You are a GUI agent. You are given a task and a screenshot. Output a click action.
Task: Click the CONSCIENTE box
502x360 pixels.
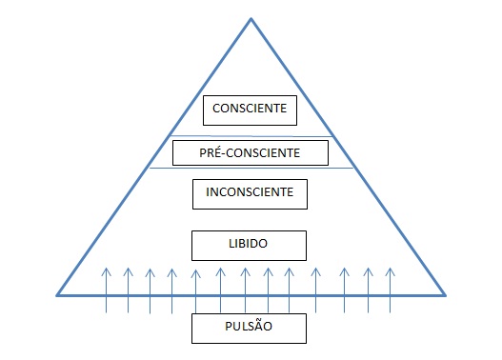(x=251, y=110)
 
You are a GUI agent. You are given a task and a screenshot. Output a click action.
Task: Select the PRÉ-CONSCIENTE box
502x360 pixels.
(x=251, y=152)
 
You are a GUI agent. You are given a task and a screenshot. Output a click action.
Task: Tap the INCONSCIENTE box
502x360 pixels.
(x=251, y=193)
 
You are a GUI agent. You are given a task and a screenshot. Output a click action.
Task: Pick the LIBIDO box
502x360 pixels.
(x=251, y=245)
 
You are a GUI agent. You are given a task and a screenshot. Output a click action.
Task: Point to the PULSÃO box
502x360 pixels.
(x=251, y=329)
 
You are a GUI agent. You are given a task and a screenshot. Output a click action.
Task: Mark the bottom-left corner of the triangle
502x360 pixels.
(x=56, y=294)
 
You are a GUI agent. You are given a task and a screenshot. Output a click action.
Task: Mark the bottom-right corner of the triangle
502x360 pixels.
(x=445, y=294)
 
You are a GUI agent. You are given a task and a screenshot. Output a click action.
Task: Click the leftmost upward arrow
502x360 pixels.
(x=107, y=290)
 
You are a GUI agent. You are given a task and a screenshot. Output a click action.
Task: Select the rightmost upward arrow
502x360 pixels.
(x=390, y=290)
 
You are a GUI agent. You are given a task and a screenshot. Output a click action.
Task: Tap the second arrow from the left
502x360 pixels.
(x=129, y=290)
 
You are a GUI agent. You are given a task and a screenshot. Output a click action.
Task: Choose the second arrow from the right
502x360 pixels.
(x=368, y=290)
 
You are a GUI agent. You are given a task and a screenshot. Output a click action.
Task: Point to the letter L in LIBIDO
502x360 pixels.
(x=231, y=245)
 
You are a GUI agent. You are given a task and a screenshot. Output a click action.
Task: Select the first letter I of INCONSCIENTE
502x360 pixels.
(x=208, y=193)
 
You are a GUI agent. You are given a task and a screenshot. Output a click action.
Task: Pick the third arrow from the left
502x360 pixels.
(x=150, y=290)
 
